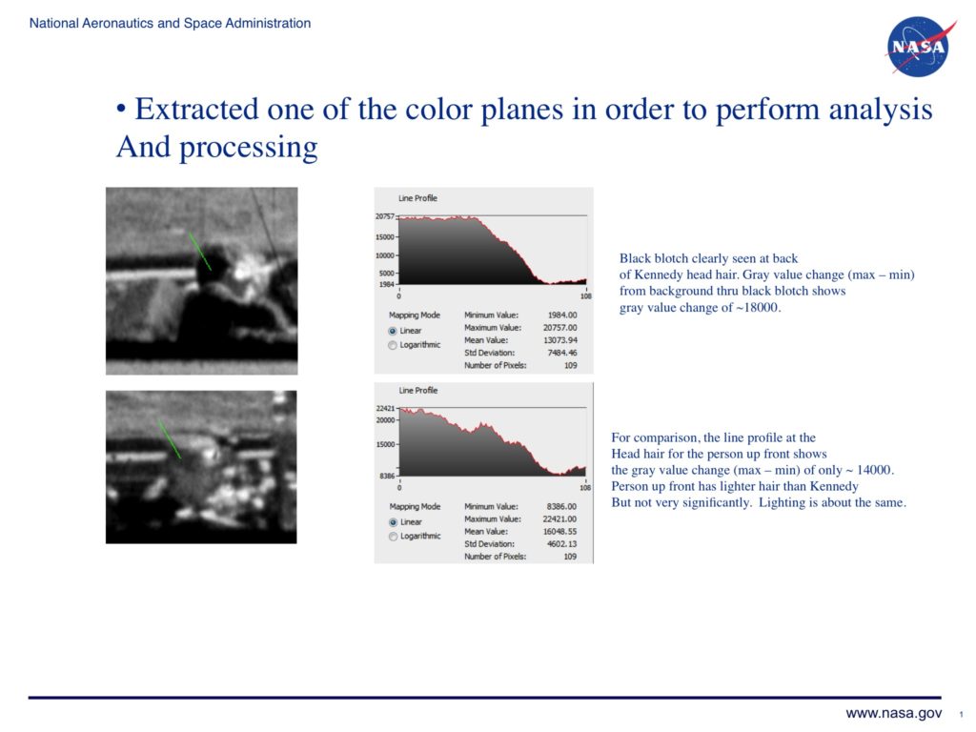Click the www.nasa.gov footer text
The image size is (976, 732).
[x=893, y=713]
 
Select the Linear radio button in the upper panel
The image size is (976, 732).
[x=393, y=331]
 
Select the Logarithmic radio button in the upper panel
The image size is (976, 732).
[x=393, y=345]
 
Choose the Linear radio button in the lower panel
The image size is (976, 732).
[x=393, y=522]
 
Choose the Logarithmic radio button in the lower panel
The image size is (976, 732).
[x=393, y=537]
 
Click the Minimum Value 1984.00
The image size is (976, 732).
[x=562, y=315]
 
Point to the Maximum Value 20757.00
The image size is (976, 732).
[x=560, y=328]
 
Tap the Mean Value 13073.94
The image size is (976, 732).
[x=560, y=340]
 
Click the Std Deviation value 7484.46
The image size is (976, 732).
[x=562, y=353]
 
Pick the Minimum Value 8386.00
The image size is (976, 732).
[x=561, y=507]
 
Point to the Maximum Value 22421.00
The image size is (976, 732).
[x=559, y=519]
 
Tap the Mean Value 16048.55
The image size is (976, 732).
[x=559, y=532]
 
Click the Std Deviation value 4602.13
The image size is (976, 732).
[x=561, y=544]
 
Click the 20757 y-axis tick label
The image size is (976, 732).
[x=384, y=216]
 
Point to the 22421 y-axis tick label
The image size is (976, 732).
[x=385, y=408]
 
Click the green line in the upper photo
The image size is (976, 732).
[x=200, y=252]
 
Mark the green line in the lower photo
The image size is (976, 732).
[x=170, y=439]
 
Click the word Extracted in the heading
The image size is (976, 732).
[x=197, y=110]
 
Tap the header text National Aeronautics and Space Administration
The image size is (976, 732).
[x=170, y=23]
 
